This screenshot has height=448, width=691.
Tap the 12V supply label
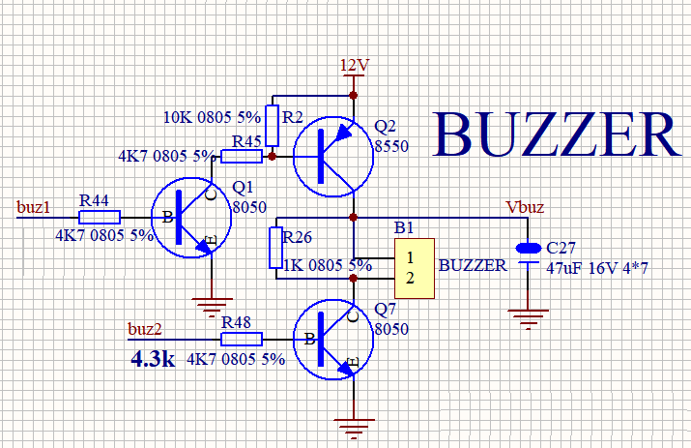click(355, 65)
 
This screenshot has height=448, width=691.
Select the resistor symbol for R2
click(272, 124)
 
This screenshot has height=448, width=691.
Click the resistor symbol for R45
click(242, 155)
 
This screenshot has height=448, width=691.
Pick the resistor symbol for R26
click(276, 248)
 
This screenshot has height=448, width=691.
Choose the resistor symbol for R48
click(242, 339)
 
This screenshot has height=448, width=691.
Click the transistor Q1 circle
click(191, 217)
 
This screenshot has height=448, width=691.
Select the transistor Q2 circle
click(331, 155)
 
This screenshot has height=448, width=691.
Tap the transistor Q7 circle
click(331, 339)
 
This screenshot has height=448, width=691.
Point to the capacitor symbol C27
click(528, 254)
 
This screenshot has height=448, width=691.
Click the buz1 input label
click(33, 206)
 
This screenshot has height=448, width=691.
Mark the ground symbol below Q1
click(208, 309)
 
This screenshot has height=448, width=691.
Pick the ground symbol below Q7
click(355, 425)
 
